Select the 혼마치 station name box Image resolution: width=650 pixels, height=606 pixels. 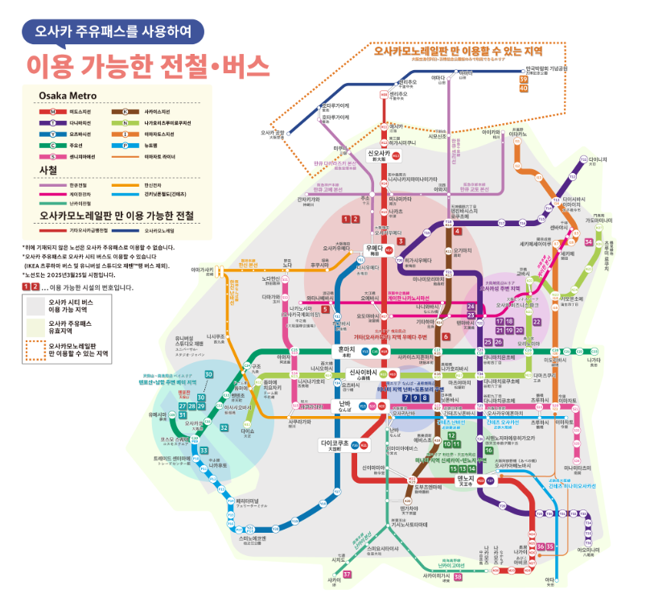pyautogui.click(x=346, y=352)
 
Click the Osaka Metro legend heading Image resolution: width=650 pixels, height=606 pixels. pyautogui.click(x=68, y=96)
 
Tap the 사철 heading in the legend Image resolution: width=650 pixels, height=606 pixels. pyautogui.click(x=48, y=171)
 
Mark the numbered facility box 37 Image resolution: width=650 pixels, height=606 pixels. pyautogui.click(x=348, y=574)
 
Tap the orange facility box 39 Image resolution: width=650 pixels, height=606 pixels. pyautogui.click(x=524, y=79)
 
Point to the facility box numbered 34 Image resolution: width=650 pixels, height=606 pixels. pyautogui.click(x=589, y=242)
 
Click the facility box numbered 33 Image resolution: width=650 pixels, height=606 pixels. pyautogui.click(x=204, y=450)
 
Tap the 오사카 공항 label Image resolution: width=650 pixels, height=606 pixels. pyautogui.click(x=274, y=134)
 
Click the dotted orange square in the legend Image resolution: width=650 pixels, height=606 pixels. pyautogui.click(x=35, y=348)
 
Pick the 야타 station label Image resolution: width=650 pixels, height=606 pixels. pyautogui.click(x=550, y=579)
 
